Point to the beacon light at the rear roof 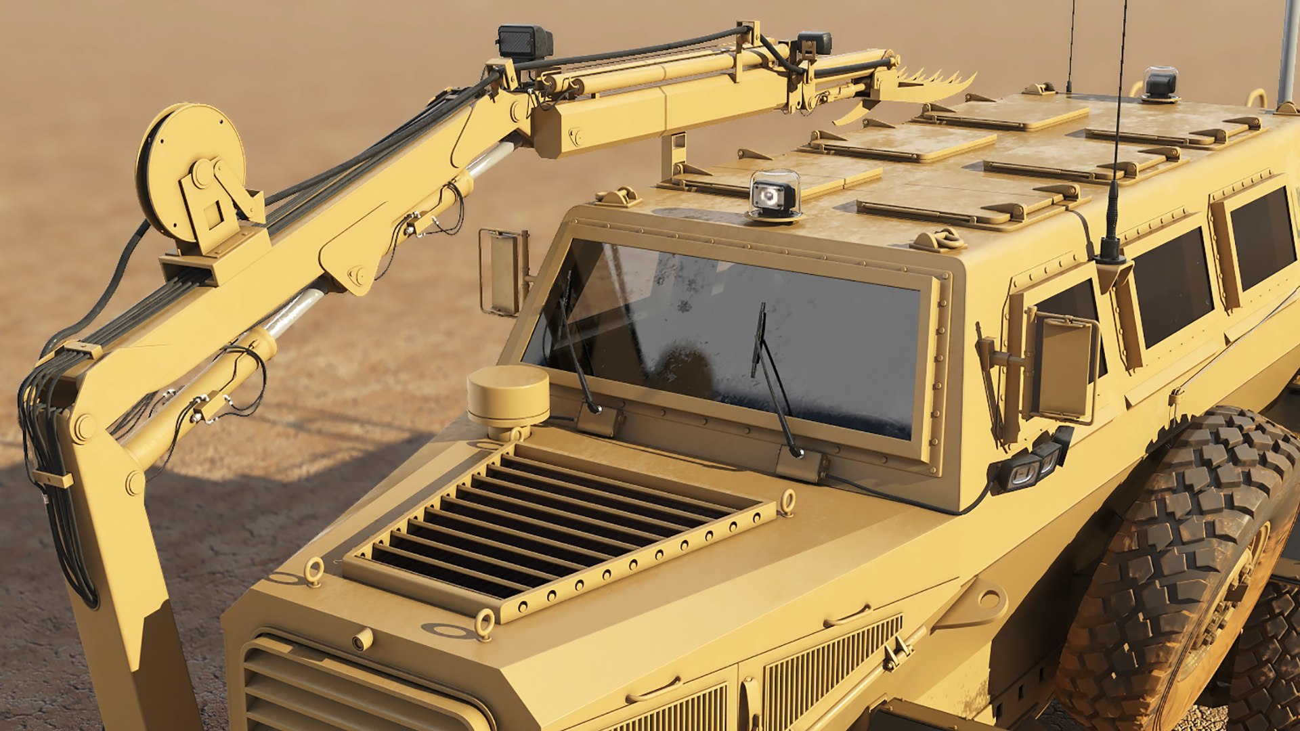[1161, 85]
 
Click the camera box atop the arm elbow [524, 42]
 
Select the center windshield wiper [772, 379]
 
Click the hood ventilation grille [555, 521]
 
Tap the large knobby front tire [1178, 575]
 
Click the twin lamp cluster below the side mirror [1029, 467]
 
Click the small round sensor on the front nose [363, 638]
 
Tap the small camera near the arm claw [814, 43]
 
